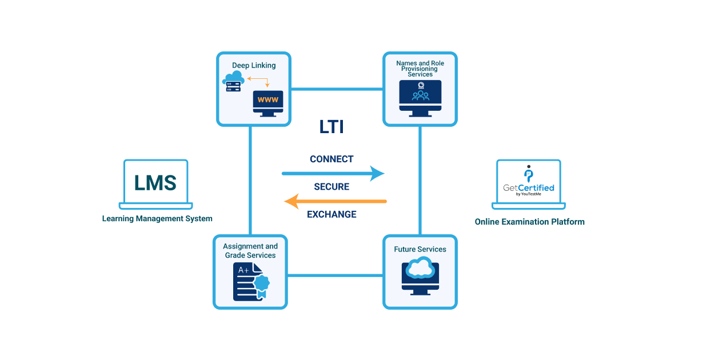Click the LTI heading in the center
331,127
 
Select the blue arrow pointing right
333,173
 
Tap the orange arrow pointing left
335,201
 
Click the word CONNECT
331,159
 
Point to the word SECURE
331,187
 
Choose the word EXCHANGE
331,214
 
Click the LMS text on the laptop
155,183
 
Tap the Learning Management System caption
157,218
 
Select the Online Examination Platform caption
529,222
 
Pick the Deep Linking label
254,65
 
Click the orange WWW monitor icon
268,101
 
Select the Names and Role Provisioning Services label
420,68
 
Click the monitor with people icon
420,97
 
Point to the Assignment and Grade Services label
250,251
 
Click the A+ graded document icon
247,281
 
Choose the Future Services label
420,249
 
